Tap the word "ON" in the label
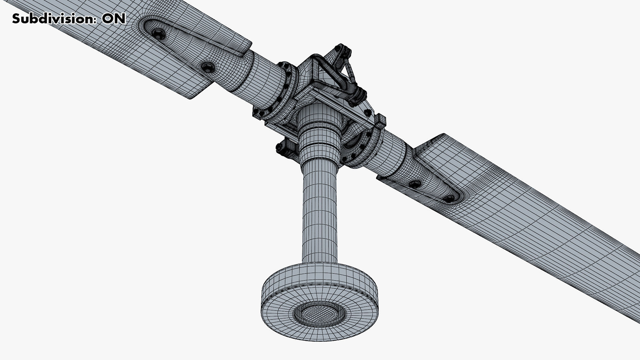pos(113,19)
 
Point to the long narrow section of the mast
pos(319,213)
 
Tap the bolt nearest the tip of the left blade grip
pos(157,33)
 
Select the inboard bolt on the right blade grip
pos(416,184)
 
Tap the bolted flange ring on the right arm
pos(367,147)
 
